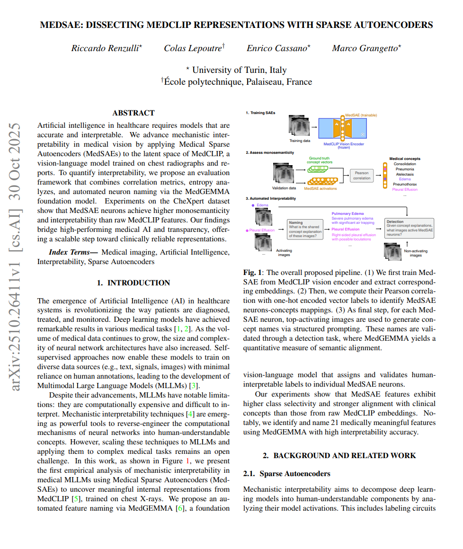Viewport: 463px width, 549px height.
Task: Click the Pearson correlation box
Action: [361, 176]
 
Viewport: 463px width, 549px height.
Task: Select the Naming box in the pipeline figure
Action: [304, 229]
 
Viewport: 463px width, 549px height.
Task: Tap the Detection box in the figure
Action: [409, 228]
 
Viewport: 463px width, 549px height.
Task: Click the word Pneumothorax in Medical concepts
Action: [405, 184]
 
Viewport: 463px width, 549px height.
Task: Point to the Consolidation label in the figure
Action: [405, 164]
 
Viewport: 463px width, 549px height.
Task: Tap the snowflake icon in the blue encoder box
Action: [363, 134]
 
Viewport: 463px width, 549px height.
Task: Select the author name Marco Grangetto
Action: [366, 48]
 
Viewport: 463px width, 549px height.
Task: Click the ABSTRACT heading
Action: [133, 113]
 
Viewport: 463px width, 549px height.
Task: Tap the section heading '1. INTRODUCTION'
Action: [133, 283]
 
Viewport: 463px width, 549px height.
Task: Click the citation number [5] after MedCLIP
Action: [74, 499]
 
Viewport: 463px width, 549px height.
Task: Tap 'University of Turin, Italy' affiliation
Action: [239, 70]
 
